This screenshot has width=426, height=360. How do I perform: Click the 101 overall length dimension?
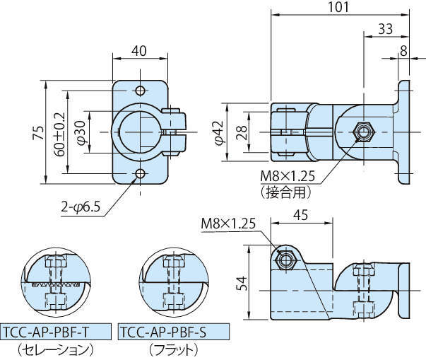[337, 6]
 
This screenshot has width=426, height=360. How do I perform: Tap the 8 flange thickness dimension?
[403, 51]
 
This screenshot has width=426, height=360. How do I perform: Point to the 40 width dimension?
[139, 51]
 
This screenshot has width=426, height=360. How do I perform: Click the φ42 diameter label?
[220, 132]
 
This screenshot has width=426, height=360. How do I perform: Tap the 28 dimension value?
[241, 132]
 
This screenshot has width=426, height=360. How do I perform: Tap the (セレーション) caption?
[57, 349]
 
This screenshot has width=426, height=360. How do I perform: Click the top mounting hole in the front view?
[140, 91]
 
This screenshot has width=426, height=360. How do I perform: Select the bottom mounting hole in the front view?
[140, 174]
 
